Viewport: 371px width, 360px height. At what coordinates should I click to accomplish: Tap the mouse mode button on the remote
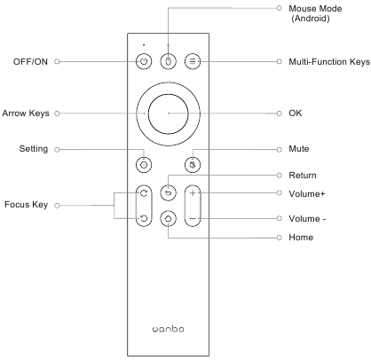[x=168, y=61]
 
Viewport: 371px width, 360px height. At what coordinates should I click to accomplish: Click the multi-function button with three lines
[x=193, y=61]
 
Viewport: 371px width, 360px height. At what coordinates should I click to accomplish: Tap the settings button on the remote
[x=144, y=165]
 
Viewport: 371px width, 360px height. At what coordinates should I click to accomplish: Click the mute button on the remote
[x=193, y=165]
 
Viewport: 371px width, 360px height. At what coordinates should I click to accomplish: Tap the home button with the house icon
[x=168, y=219]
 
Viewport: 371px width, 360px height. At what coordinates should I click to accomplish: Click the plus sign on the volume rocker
[x=193, y=193]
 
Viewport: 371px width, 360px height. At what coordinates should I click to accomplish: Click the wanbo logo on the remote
[x=168, y=329]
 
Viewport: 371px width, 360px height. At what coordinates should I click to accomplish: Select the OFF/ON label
[x=30, y=61]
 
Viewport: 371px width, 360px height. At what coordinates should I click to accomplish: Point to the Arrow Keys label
[x=26, y=113]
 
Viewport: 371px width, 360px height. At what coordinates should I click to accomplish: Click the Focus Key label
[x=26, y=205]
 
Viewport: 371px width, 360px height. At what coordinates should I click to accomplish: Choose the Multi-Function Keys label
[x=329, y=62]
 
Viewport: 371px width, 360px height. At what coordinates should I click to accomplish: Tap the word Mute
[x=299, y=149]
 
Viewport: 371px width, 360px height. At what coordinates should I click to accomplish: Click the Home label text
[x=301, y=238]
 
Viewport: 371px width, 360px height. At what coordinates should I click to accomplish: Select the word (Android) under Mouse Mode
[x=311, y=19]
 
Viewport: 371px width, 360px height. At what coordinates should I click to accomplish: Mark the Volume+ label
[x=307, y=194]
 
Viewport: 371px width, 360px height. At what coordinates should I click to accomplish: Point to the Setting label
[x=34, y=149]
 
